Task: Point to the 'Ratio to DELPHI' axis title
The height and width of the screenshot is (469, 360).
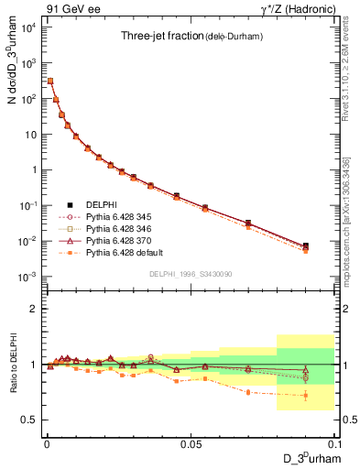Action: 12,365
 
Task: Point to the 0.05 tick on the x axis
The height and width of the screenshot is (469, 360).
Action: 190,442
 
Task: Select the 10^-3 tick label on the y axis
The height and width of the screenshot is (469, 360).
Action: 27,277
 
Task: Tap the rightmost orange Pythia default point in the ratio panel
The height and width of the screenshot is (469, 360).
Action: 305,396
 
